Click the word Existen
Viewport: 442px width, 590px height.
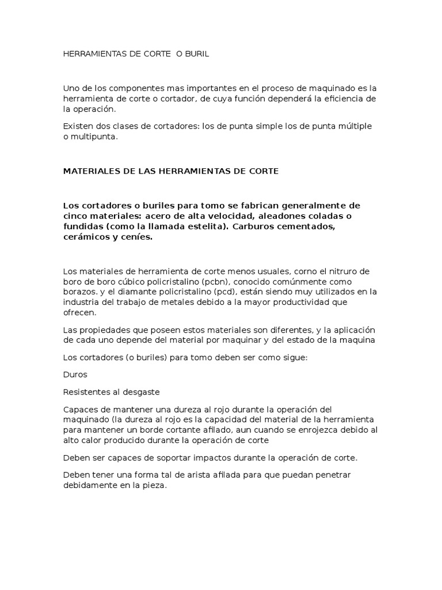tap(78, 126)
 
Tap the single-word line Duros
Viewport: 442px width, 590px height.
tap(75, 375)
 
